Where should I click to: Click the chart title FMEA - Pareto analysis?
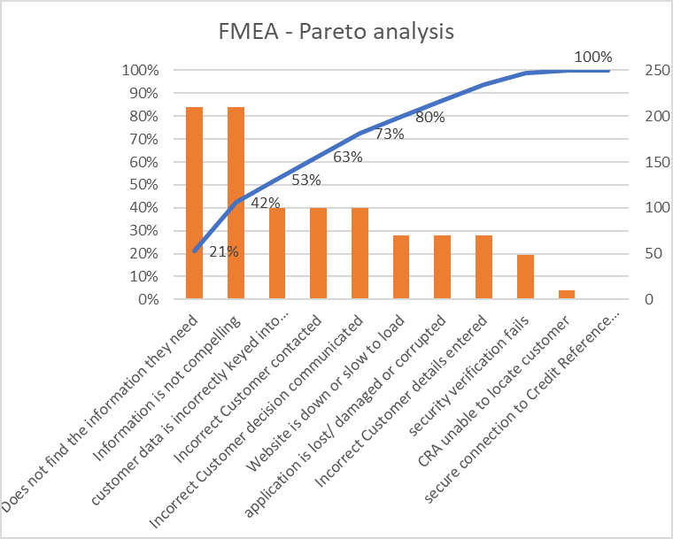(x=336, y=32)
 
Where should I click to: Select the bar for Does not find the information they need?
(x=194, y=204)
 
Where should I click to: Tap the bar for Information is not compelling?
(x=236, y=204)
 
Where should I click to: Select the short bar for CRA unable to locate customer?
(x=567, y=295)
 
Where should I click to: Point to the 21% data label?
(x=224, y=251)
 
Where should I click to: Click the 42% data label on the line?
(x=266, y=203)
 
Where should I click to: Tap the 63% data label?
(x=348, y=158)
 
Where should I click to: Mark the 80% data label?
(x=430, y=117)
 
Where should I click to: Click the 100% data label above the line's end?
(x=592, y=58)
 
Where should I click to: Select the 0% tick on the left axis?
(x=144, y=300)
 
